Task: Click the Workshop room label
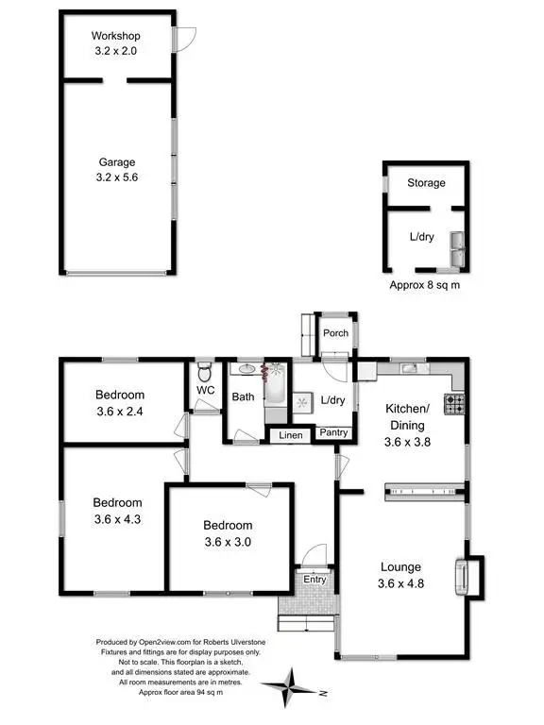[x=115, y=36]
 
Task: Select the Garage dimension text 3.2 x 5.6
[x=117, y=177]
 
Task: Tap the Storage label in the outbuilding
[x=426, y=182]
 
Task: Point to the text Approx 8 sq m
[x=425, y=284]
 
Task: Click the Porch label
[x=335, y=332]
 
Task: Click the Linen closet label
[x=291, y=435]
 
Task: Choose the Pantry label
[x=333, y=433]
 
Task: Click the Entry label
[x=314, y=581]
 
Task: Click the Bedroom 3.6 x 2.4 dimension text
[x=119, y=411]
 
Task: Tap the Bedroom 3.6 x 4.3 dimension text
[x=118, y=519]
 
